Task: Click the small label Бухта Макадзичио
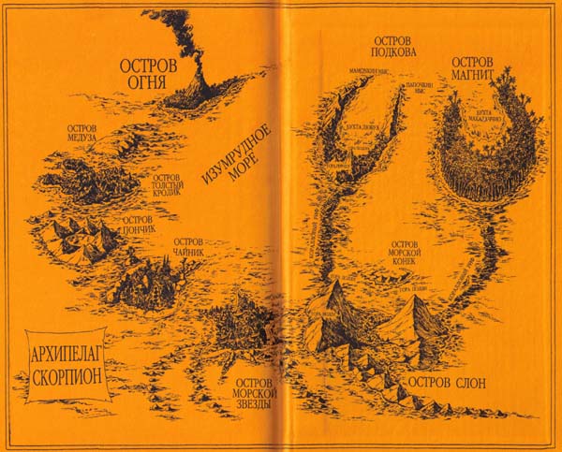[x=485, y=113]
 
